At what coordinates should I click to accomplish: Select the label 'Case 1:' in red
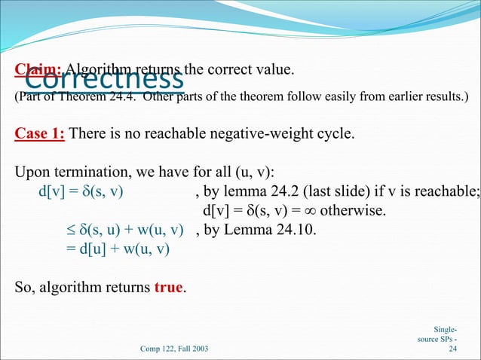tap(39, 134)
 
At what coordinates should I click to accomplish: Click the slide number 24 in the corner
tap(452, 349)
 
